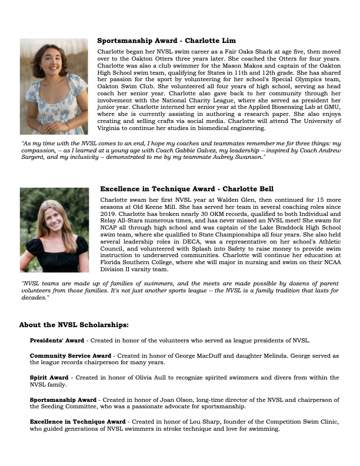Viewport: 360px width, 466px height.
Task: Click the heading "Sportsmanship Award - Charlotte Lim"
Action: point(166,41)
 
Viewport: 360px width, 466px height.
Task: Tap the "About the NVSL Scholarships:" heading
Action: point(74,325)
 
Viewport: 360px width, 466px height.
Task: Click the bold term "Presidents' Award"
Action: point(56,341)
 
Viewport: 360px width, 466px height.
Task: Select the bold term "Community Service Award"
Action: point(70,356)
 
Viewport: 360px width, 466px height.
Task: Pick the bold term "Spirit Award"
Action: point(49,377)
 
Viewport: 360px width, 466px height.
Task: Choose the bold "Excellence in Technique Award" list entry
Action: point(78,422)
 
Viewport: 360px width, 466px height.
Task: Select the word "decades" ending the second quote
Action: point(32,298)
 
